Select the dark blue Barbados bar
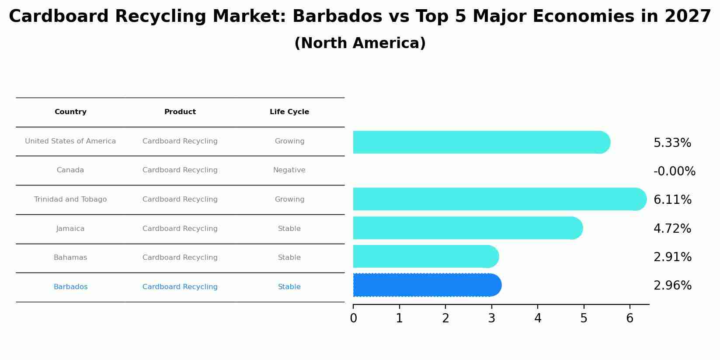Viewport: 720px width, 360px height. (426, 285)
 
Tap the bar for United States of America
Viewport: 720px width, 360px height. (481, 142)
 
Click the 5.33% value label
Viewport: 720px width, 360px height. (672, 143)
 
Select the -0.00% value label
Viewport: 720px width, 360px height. (674, 171)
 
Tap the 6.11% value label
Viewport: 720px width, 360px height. (672, 200)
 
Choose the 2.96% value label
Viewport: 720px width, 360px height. (672, 286)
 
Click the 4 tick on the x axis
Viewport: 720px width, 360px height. (538, 318)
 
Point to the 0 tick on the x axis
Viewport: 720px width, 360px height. (353, 318)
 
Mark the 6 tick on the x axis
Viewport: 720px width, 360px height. (630, 318)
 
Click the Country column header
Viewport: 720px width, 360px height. (70, 112)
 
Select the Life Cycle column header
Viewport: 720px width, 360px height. (289, 112)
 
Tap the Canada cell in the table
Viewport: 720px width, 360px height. (70, 170)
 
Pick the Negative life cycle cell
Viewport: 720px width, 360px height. (289, 170)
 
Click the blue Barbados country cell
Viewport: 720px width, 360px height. (70, 287)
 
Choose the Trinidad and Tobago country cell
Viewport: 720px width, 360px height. (70, 199)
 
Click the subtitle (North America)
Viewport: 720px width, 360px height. (360, 43)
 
